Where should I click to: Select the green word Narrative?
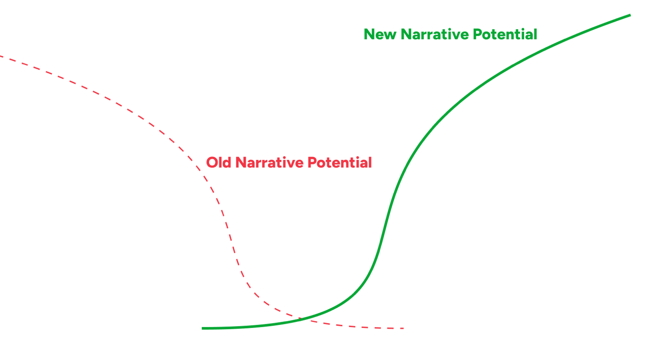[x=435, y=34]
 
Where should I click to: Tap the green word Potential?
[x=505, y=34]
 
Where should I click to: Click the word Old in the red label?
[x=219, y=163]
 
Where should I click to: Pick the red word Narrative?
[x=269, y=163]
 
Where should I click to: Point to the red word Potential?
[x=339, y=163]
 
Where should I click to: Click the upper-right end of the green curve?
[x=630, y=15]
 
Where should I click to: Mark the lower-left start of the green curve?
[x=203, y=328]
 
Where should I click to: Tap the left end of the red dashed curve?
[x=0, y=56]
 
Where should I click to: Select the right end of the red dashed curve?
[x=403, y=328]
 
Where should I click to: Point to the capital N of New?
[x=369, y=34]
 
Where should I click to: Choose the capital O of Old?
[x=213, y=163]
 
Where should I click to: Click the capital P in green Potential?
[x=478, y=34]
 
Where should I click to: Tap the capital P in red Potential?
[x=313, y=163]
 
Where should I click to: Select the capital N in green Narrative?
[x=406, y=34]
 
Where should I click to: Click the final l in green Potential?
[x=535, y=34]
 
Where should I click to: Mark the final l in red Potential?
[x=370, y=163]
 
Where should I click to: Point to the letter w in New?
[x=390, y=36]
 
